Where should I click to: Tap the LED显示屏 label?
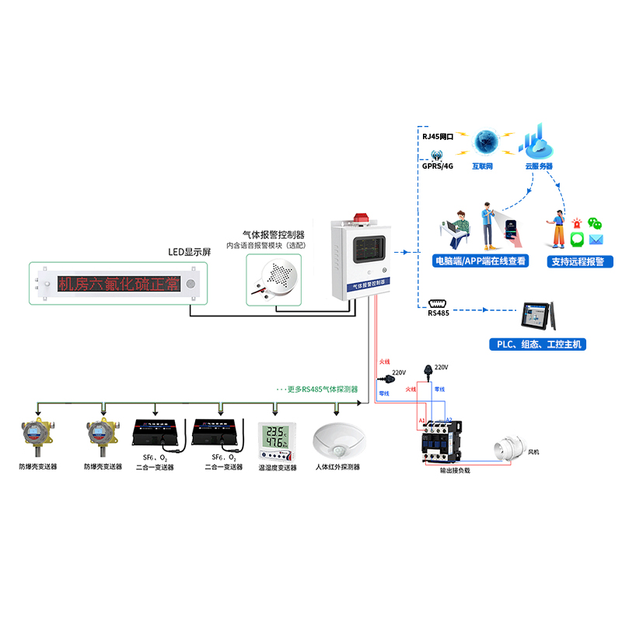[x=190, y=252]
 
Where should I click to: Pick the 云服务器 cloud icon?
[x=537, y=143]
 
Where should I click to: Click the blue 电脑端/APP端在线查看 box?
[x=480, y=261]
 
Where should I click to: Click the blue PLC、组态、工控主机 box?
[x=536, y=344]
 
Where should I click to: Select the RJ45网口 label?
[x=438, y=136]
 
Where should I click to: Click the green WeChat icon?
[x=595, y=223]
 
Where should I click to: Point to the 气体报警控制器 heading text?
[x=273, y=234]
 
